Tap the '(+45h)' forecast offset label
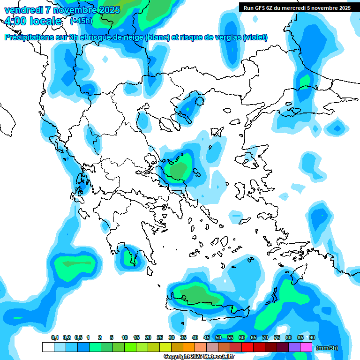(x=81, y=21)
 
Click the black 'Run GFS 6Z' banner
(x=297, y=7)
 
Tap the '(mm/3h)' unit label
(x=327, y=348)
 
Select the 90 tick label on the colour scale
(x=312, y=337)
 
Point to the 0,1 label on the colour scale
(x=55, y=337)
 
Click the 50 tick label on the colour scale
(x=218, y=337)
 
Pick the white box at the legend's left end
(x=48, y=347)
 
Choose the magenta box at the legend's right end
(x=306, y=347)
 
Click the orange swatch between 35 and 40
(x=189, y=347)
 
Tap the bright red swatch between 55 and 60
(x=236, y=347)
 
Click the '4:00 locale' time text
(x=33, y=21)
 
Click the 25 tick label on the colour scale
(x=160, y=337)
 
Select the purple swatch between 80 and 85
(x=294, y=347)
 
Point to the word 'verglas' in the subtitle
(x=228, y=37)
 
